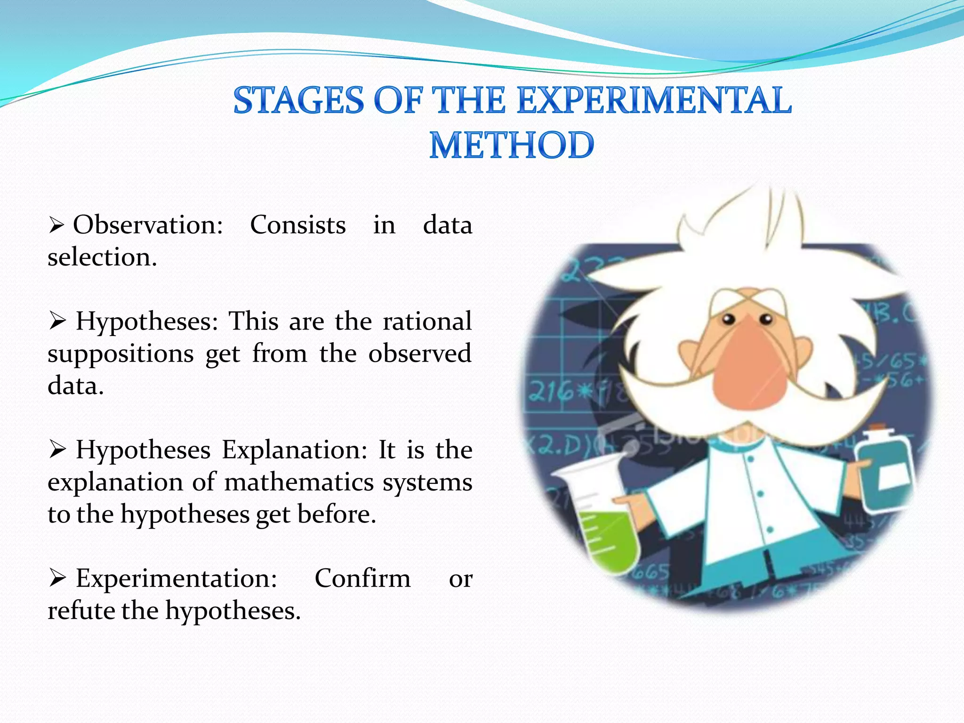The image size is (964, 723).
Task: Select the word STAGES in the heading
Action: (x=298, y=100)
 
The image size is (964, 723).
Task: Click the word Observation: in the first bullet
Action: (x=148, y=225)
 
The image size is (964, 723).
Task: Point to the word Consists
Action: (x=298, y=225)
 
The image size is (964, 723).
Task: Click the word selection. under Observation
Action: (x=102, y=257)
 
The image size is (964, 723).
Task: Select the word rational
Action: (x=427, y=321)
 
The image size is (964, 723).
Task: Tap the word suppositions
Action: (x=120, y=354)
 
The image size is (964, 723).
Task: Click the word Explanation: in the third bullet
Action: (x=294, y=450)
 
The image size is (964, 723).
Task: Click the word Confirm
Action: (x=362, y=578)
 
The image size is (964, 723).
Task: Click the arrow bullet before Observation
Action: (x=56, y=226)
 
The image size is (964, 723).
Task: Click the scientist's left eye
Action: (x=728, y=319)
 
